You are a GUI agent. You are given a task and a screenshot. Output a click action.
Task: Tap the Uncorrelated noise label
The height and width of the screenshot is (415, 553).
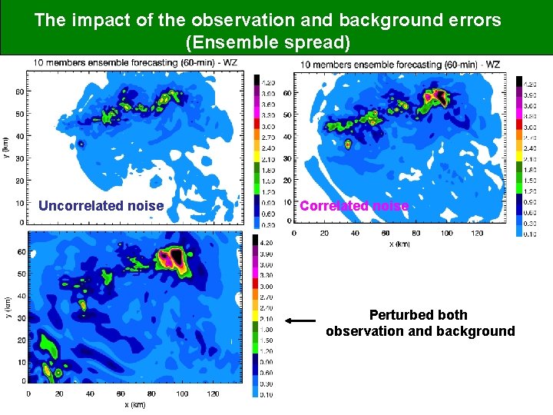point(101,206)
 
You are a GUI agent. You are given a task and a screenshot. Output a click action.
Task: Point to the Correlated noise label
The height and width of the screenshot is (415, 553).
point(354,206)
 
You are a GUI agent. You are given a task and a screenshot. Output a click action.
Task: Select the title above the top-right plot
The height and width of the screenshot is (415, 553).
point(400,65)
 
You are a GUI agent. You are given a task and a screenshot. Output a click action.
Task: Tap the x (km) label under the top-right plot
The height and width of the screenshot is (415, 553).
point(401,244)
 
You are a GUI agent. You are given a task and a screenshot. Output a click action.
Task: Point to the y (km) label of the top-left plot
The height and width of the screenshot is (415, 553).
point(6,147)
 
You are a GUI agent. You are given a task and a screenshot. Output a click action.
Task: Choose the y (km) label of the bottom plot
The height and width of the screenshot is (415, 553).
point(6,307)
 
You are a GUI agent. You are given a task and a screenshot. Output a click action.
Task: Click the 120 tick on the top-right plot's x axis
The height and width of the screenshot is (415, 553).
point(477,233)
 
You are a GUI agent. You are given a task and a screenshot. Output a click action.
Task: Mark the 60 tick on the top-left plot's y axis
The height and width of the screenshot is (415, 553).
point(19,91)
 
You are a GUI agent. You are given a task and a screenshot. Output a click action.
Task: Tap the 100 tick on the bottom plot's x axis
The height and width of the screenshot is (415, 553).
point(182,393)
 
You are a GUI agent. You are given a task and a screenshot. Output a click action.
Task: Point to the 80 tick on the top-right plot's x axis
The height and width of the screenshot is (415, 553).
point(416,233)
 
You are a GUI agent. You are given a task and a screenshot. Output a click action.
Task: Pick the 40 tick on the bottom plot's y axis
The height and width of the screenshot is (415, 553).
point(19,295)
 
